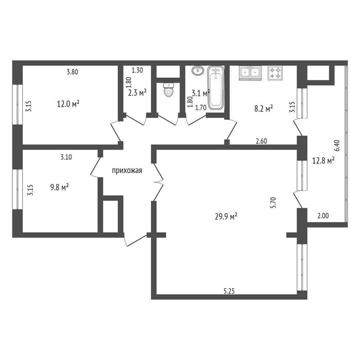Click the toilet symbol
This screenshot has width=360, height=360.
168,90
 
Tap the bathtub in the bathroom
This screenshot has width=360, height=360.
216,88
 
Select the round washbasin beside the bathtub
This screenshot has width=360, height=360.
198,70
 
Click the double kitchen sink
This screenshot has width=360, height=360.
250,73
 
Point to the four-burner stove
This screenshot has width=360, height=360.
275,73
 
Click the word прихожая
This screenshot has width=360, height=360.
127,170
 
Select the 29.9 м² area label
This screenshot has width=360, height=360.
226,216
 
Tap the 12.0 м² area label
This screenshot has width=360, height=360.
68,104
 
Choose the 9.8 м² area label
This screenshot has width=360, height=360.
59,187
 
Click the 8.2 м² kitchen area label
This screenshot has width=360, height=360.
264,109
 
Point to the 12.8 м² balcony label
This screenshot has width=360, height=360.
323,161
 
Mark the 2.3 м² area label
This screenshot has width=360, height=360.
138,93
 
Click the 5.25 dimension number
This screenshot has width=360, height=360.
229,291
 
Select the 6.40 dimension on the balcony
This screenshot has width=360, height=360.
337,146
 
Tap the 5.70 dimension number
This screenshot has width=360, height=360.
273,202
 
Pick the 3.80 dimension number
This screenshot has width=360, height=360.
72,72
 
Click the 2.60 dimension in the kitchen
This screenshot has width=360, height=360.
261,141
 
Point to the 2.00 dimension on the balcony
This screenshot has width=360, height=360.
323,216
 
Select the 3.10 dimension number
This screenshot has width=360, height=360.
66,157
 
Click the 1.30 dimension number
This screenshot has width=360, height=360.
138,70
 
